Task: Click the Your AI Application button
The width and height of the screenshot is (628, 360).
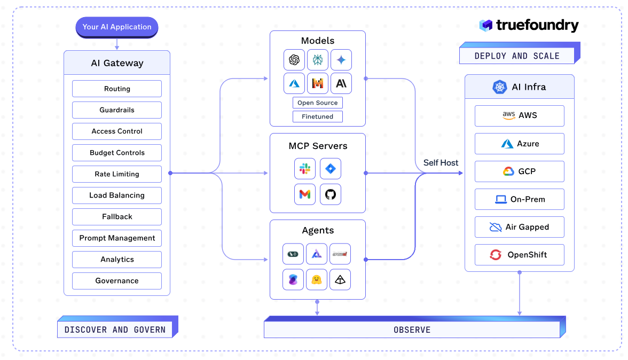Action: pos(116,27)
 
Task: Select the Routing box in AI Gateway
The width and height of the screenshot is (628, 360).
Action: pos(117,89)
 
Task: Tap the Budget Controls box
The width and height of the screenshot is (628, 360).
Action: pos(117,153)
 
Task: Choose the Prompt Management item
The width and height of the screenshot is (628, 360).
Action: pos(117,238)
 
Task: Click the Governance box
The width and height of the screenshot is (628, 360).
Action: pos(117,281)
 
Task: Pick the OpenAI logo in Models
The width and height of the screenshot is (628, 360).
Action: pos(294,60)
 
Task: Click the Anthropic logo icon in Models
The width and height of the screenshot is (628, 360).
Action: pos(341,83)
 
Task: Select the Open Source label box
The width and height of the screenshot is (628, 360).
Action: pos(318,103)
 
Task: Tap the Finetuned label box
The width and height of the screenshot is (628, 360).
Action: pos(318,116)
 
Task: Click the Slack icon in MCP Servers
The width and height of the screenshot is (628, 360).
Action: pos(305,169)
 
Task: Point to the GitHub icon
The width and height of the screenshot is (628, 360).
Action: pos(330,194)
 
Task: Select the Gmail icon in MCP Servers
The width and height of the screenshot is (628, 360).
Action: pos(305,194)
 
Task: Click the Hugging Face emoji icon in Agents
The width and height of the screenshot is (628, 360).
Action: pos(317,279)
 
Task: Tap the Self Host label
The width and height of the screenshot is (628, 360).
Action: pos(441,162)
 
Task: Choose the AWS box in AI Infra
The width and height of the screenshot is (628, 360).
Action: pos(519,115)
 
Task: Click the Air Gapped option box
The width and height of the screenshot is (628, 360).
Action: pos(519,227)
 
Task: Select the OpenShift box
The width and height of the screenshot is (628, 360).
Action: pos(519,255)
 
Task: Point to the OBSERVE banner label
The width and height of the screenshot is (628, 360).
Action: pos(412,330)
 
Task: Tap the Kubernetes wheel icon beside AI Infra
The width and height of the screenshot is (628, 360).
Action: pos(500,87)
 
